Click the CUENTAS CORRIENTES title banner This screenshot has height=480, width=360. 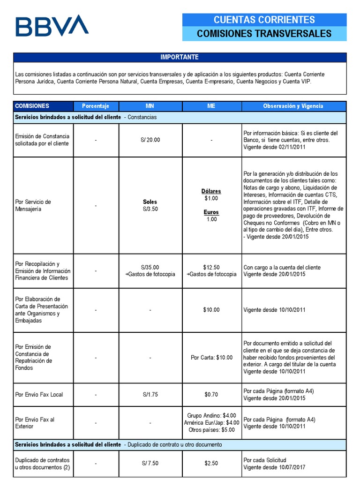264,20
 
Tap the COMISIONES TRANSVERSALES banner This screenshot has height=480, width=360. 264,34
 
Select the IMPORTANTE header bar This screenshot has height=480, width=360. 180,57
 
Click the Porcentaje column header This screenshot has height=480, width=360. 96,106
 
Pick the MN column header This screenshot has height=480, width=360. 150,106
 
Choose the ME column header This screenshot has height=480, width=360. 211,106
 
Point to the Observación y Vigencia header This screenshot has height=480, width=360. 293,106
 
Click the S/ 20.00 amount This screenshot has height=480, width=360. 150,140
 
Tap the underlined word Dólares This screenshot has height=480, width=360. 211,191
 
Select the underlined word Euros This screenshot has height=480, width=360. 211,212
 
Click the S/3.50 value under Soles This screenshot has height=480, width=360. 150,209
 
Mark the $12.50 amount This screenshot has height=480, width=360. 211,268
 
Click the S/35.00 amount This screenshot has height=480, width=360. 150,268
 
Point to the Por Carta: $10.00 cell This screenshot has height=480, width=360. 211,358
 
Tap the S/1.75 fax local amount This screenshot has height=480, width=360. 150,395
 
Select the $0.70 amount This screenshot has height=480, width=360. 211,395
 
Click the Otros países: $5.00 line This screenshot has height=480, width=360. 211,429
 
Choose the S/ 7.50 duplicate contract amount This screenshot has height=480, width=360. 150,463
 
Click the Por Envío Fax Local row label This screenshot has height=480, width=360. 39,395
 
